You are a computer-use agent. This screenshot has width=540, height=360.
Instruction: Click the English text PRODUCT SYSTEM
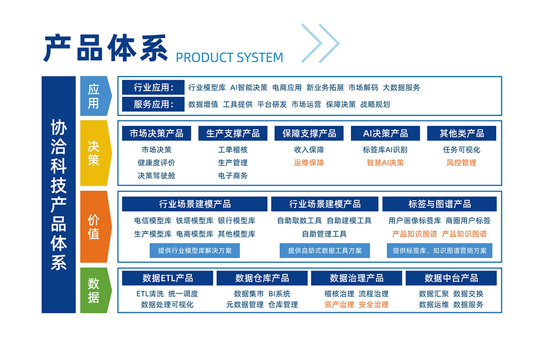pos(229,57)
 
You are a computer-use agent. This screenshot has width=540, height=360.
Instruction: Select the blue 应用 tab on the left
pos(96,96)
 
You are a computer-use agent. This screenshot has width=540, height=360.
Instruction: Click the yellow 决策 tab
pos(96,153)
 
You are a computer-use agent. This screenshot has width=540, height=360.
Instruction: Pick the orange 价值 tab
pos(96,227)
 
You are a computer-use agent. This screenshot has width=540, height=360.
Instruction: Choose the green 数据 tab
pos(96,290)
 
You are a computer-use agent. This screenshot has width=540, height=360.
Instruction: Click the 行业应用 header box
pos(153,88)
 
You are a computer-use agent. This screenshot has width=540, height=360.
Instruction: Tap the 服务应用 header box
pos(153,104)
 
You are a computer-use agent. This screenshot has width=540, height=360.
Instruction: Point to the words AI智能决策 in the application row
pos(249,88)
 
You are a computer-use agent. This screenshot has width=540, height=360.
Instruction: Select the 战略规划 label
pos(375,105)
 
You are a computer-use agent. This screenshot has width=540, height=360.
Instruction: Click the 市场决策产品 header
pos(156,133)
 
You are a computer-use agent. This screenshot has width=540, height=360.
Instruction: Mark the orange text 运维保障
pos(309,163)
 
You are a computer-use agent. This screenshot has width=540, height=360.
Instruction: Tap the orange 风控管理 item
pos(461,163)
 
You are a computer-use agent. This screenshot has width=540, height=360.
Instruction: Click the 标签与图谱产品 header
pos(439,204)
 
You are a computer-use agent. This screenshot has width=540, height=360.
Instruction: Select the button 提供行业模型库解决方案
pos(195,250)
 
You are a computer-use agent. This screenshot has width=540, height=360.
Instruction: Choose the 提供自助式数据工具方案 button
pos(325,250)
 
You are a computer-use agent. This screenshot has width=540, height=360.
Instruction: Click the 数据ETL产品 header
pos(168,278)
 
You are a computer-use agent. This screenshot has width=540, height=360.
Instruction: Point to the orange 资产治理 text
pos(339,304)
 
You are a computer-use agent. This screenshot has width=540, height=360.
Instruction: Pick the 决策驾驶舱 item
pos(156,175)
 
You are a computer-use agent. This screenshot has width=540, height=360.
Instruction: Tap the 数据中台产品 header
pos(451,278)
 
